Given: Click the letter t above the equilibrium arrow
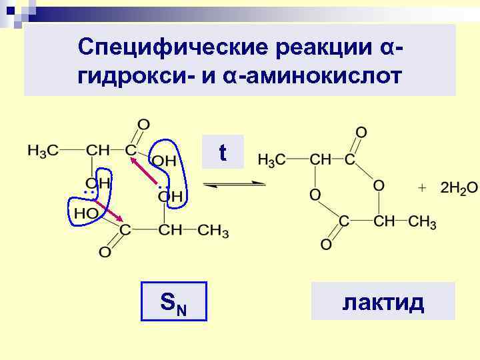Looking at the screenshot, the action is (223, 154).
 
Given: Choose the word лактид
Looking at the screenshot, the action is (383, 302).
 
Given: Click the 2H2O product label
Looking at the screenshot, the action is (458, 187).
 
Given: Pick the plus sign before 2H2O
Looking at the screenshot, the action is (421, 187).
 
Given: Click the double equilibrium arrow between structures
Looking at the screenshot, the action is (234, 185).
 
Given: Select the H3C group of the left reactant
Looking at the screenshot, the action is (42, 151).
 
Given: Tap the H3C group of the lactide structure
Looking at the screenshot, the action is (272, 160).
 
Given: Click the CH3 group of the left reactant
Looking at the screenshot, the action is (214, 231).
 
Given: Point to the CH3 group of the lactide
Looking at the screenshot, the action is (421, 221).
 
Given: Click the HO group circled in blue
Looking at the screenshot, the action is (87, 213).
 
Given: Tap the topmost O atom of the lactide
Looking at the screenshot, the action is (361, 131).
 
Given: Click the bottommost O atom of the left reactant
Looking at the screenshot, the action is (104, 252).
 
